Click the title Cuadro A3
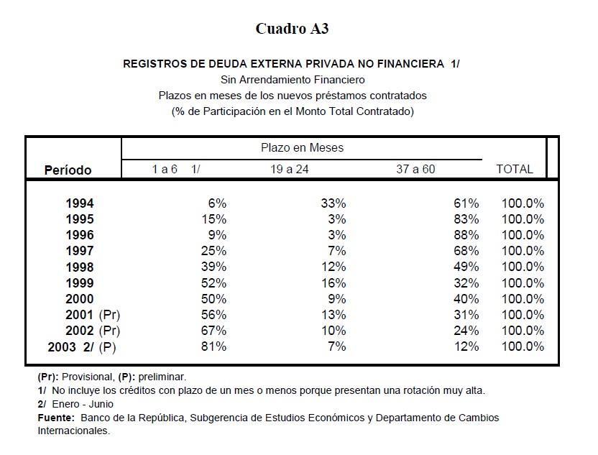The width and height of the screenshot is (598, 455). point(293,29)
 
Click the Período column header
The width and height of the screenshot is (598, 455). point(68,170)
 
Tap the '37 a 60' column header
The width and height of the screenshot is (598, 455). point(415,170)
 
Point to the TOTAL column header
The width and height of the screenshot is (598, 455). point(515,170)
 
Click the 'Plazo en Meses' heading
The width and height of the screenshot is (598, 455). point(302,148)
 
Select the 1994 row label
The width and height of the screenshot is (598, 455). point(79,204)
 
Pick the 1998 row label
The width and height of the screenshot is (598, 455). point(79,267)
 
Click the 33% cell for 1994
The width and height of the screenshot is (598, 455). point(333,204)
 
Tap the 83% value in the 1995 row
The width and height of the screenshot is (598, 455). point(466,220)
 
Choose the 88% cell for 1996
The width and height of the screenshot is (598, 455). point(466,236)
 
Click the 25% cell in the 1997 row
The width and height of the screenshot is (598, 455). point(213,252)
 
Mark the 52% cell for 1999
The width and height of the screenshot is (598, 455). point(213,283)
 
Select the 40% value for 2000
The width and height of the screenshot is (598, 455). point(466,299)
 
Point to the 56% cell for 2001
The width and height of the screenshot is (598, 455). point(213,315)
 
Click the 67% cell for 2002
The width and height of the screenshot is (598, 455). point(213,331)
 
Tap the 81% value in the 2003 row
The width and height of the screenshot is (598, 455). point(213,346)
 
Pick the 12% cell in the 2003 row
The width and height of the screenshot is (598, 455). point(466,346)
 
